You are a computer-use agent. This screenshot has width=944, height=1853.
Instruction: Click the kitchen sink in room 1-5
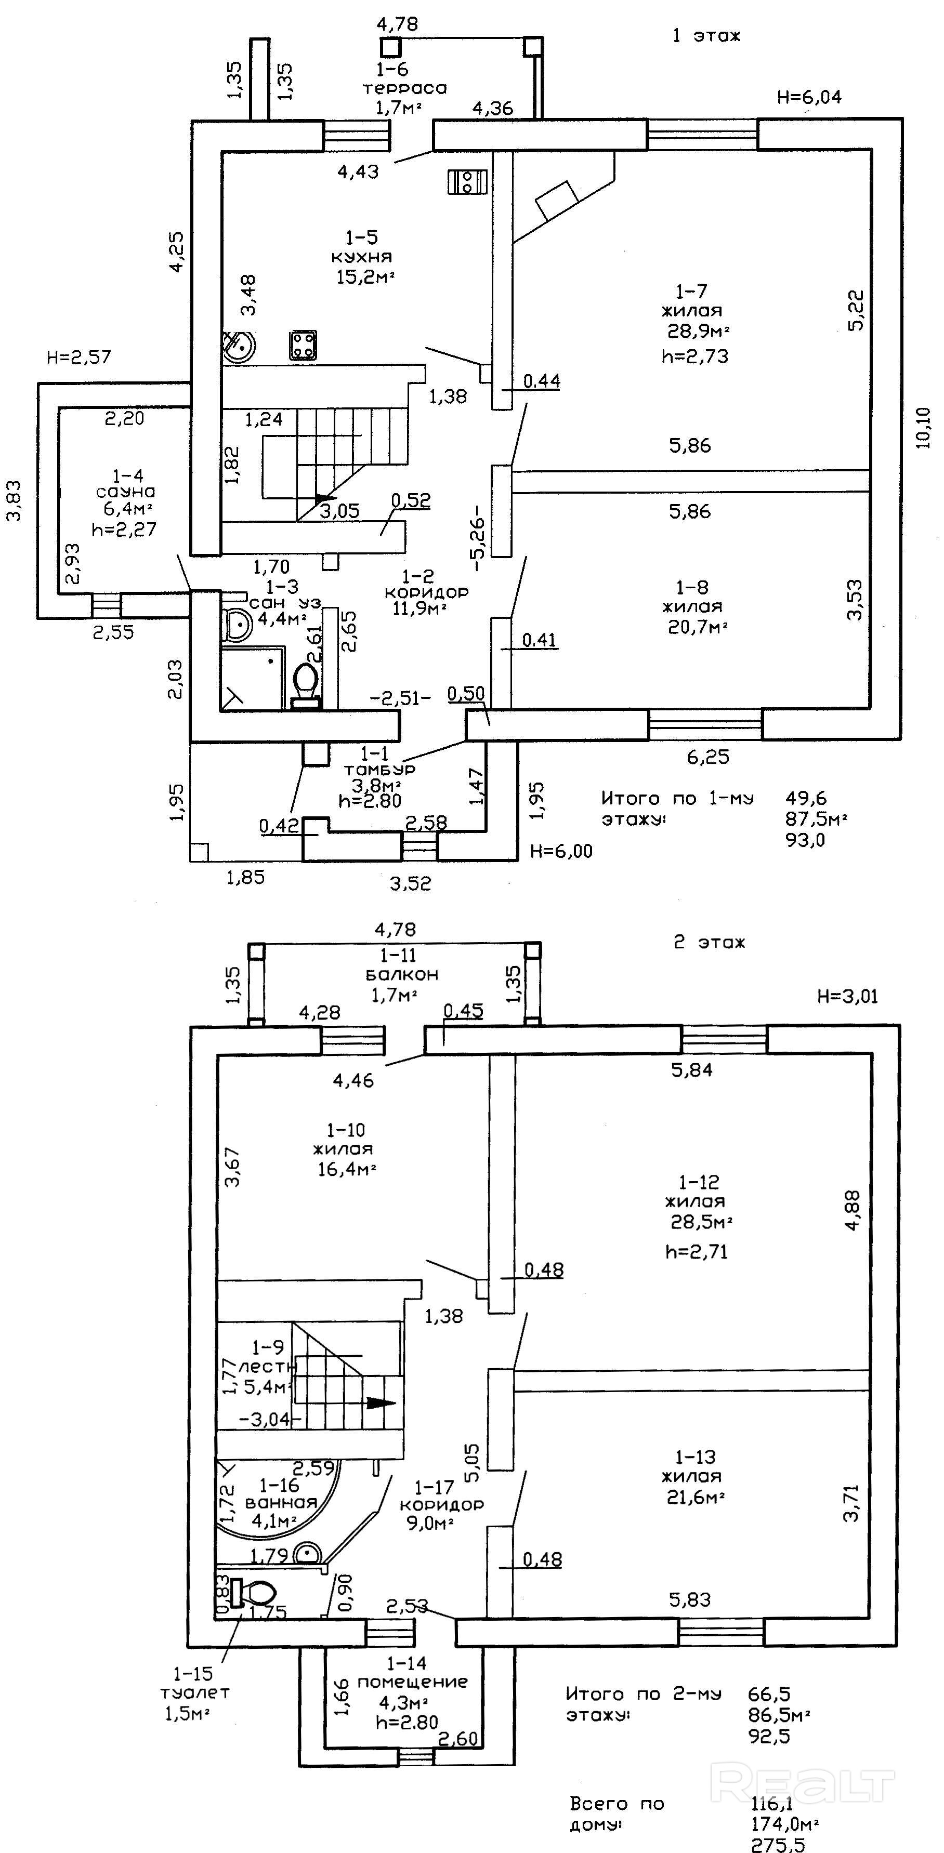(x=238, y=346)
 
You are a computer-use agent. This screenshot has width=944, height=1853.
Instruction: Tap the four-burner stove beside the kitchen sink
(x=303, y=345)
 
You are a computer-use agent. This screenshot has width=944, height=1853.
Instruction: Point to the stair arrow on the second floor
(x=381, y=1402)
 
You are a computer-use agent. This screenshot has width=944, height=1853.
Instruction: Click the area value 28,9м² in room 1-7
(x=699, y=332)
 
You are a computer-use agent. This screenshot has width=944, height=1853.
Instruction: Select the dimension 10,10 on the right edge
(x=924, y=428)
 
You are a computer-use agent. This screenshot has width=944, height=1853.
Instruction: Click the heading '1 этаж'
(x=706, y=36)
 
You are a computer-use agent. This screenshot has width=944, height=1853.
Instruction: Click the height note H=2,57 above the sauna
(x=79, y=357)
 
